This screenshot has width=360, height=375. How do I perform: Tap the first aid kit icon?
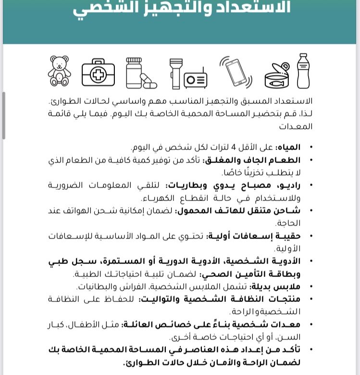point(98,73)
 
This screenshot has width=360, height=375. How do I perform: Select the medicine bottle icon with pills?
point(139,73)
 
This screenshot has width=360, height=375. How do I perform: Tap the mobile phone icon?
point(236,72)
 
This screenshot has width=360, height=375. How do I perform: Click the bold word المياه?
point(289,147)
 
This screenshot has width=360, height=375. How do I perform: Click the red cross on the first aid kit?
point(98,75)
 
